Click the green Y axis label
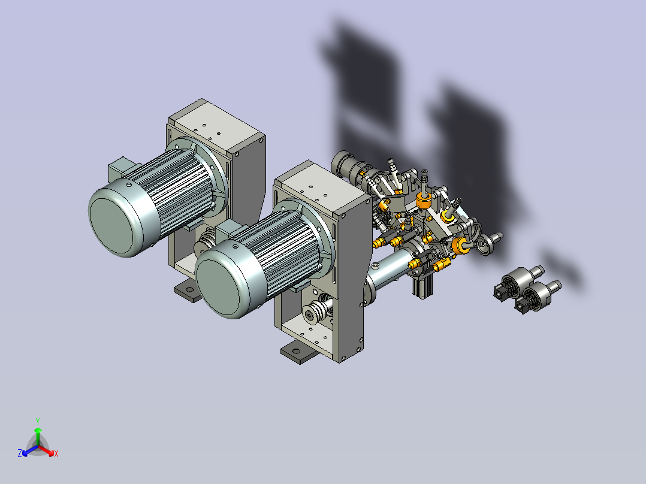click(x=38, y=421)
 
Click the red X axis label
click(x=56, y=453)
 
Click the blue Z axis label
click(x=19, y=453)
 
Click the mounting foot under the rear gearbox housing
click(x=188, y=291)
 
